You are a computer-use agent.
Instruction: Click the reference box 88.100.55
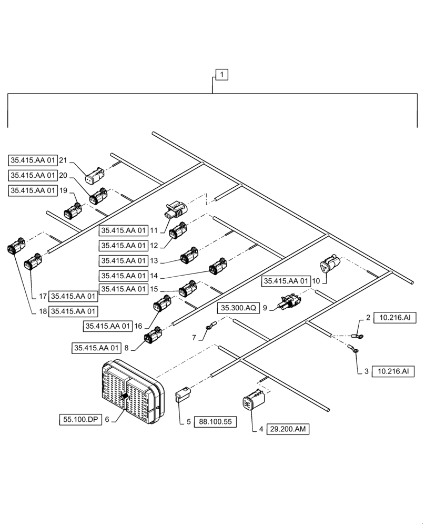(x=215, y=421)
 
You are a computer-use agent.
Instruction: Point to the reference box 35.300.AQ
(x=238, y=308)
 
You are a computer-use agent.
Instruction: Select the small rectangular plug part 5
(x=181, y=394)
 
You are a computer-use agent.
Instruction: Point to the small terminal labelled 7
(x=210, y=328)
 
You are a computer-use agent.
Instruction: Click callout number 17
(x=43, y=296)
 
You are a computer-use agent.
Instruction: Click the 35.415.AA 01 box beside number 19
(x=33, y=191)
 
